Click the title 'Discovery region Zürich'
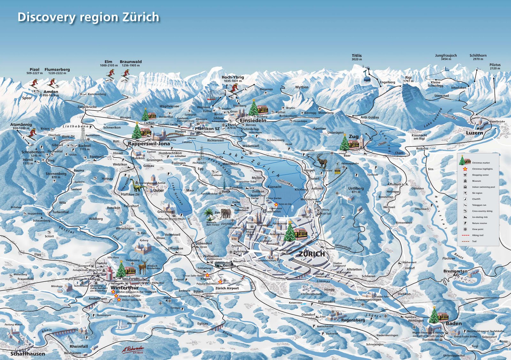pyautogui.click(x=88, y=17)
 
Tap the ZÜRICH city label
pyautogui.click(x=312, y=254)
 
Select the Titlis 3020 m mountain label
pyautogui.click(x=357, y=57)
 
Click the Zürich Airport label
pyautogui.click(x=227, y=288)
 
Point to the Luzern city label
pyautogui.click(x=474, y=133)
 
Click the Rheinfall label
pyautogui.click(x=79, y=346)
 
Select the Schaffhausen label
pyautogui.click(x=27, y=354)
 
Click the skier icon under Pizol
pyautogui.click(x=34, y=83)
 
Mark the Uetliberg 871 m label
pyautogui.click(x=356, y=190)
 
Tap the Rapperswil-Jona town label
pyautogui.click(x=149, y=144)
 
